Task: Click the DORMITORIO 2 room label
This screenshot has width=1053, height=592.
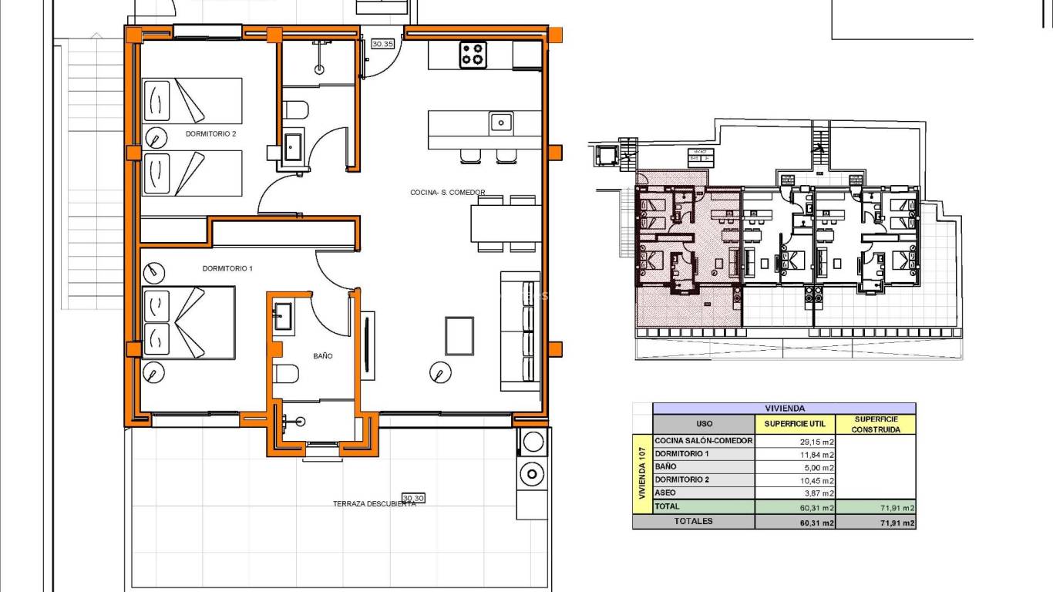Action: pyautogui.click(x=210, y=133)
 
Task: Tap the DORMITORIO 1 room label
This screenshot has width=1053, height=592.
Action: pyautogui.click(x=227, y=268)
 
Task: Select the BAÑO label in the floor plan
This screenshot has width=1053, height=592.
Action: pyautogui.click(x=322, y=356)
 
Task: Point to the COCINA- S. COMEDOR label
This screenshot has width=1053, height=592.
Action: pyautogui.click(x=447, y=193)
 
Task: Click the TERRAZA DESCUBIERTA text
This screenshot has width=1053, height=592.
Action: pyautogui.click(x=374, y=504)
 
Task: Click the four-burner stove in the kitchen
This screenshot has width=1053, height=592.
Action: pyautogui.click(x=473, y=55)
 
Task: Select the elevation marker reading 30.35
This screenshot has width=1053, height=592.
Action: pyautogui.click(x=382, y=44)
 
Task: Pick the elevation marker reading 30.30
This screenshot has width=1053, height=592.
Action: pyautogui.click(x=413, y=498)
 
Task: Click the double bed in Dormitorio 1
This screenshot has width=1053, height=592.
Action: pyautogui.click(x=189, y=322)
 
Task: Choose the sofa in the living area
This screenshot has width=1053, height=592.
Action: pyautogui.click(x=520, y=331)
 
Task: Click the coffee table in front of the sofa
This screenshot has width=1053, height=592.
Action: pyautogui.click(x=459, y=336)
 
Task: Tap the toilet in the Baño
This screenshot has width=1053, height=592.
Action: pyautogui.click(x=287, y=374)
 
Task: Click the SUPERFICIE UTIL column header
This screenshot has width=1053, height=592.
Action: pyautogui.click(x=795, y=424)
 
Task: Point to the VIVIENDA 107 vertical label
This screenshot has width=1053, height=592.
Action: pyautogui.click(x=641, y=474)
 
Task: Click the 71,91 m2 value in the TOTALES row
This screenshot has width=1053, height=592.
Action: pyautogui.click(x=876, y=523)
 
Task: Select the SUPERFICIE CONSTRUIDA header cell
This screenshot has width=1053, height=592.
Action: pyautogui.click(x=876, y=424)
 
